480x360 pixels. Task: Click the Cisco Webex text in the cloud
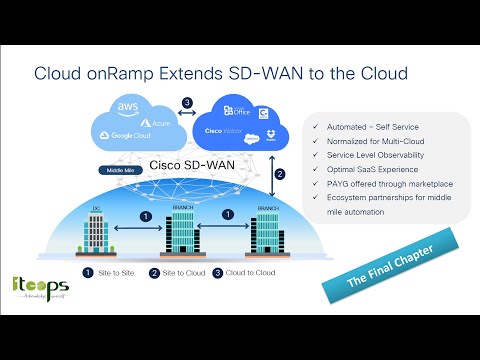[x=224, y=129]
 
